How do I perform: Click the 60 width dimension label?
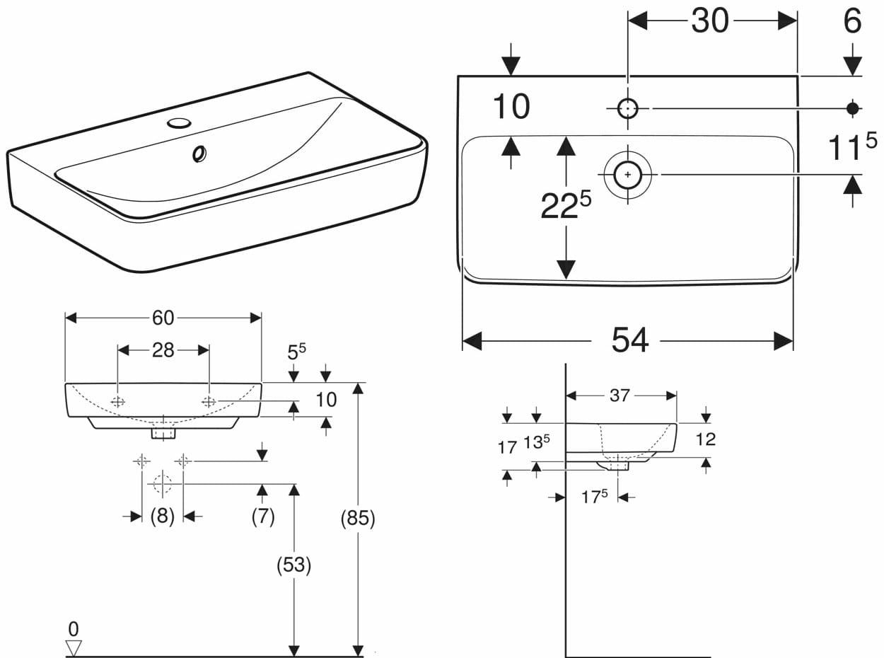coord(163,318)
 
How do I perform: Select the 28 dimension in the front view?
coord(163,350)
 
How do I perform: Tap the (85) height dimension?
coord(357,519)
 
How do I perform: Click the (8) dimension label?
coord(163,516)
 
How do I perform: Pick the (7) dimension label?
coord(262,516)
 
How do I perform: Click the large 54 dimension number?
coord(629,340)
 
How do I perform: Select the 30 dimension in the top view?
coord(710,21)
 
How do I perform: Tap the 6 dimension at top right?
coord(852,21)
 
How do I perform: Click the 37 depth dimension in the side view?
coord(620,396)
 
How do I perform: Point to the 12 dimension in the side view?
coord(705,439)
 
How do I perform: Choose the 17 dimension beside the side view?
coord(507,447)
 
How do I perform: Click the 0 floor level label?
coord(74,628)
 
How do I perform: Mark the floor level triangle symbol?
coord(74,647)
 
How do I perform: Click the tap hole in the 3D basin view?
coord(179,123)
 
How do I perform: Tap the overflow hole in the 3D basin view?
coord(199,153)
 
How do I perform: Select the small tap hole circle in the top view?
coord(628,108)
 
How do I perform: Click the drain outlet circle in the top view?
coord(628,174)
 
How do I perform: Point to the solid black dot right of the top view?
coord(853,108)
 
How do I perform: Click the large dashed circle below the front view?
coord(163,484)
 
